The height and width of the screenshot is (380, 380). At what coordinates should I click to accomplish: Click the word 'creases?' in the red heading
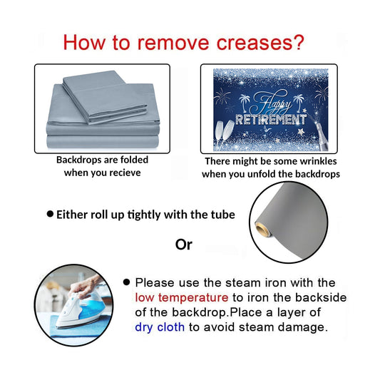click(x=260, y=43)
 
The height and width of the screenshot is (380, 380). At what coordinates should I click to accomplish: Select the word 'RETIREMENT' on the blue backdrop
click(x=271, y=120)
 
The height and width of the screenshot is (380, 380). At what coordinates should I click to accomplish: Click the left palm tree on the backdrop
click(x=245, y=103)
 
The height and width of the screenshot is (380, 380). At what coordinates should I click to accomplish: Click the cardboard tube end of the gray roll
click(x=262, y=230)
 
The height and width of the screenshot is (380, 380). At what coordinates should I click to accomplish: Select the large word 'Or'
click(x=184, y=245)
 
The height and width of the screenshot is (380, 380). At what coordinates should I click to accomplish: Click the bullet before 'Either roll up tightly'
click(x=50, y=214)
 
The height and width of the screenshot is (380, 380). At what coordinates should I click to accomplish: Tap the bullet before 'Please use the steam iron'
click(x=126, y=282)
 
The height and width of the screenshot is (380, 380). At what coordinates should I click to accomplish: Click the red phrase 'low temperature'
click(x=182, y=297)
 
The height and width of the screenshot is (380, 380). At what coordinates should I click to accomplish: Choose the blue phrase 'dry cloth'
click(x=160, y=327)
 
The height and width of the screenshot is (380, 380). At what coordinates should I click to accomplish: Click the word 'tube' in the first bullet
click(x=224, y=215)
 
